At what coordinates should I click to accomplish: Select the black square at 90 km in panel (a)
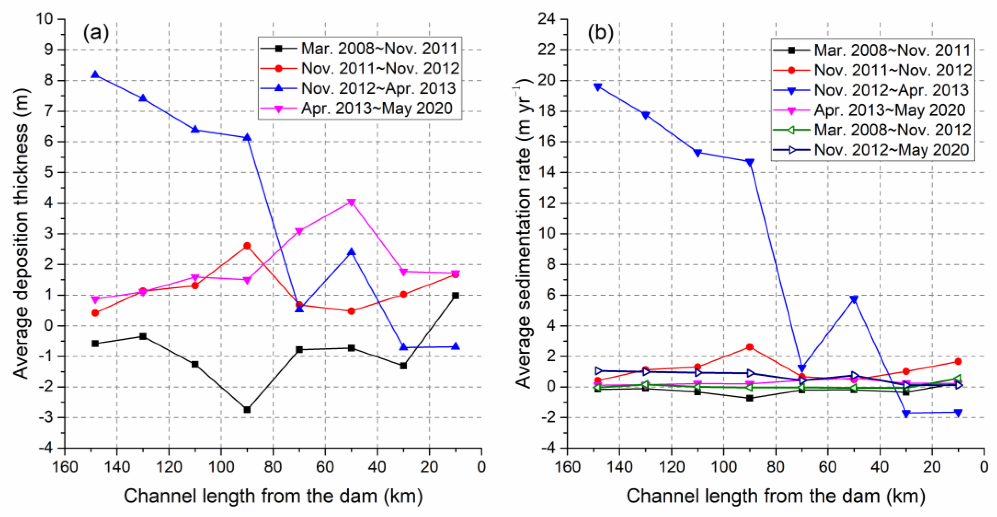point(247,409)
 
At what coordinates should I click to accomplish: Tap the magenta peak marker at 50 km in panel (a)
point(351,202)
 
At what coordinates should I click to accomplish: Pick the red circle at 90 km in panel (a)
point(247,246)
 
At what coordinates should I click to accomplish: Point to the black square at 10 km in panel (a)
point(455,295)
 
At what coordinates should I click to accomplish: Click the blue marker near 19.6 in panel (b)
point(598,87)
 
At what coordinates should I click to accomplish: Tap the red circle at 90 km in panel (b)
point(750,347)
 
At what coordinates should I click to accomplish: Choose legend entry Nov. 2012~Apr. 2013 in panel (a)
point(378,88)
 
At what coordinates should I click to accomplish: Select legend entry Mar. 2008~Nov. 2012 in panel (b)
point(892,130)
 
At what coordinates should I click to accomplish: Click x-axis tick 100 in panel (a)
point(221,467)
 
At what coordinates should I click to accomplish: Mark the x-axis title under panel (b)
point(776,496)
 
